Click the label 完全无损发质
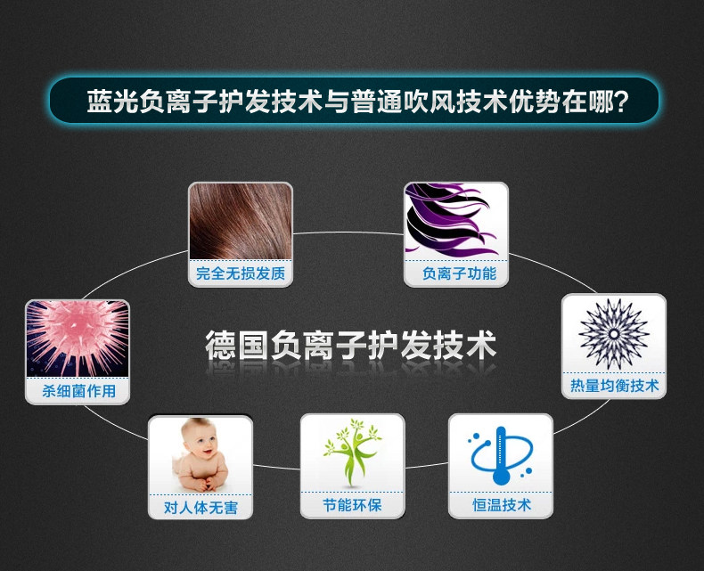(x=241, y=273)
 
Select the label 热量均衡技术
(x=614, y=385)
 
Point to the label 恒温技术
(x=501, y=505)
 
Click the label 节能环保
(x=352, y=505)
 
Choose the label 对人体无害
(x=201, y=509)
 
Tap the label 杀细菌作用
(x=78, y=391)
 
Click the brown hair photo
(x=241, y=221)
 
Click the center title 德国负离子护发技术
(x=350, y=345)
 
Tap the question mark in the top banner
(x=620, y=100)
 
